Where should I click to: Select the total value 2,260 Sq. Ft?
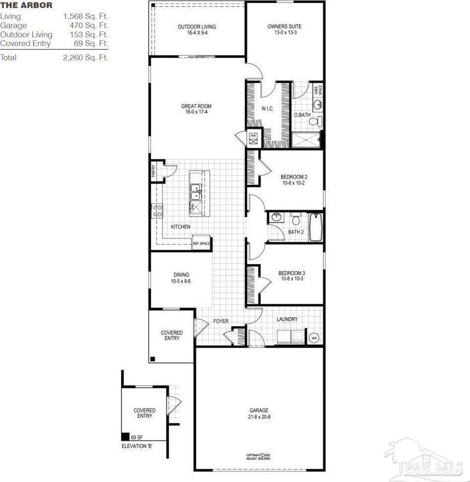(85, 58)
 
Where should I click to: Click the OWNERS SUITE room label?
(284, 26)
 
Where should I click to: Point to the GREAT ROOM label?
(196, 106)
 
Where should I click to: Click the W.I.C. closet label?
(267, 108)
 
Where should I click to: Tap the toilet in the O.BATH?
(313, 121)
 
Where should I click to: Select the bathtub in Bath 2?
(316, 227)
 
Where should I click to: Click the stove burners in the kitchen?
(157, 211)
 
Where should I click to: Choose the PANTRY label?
(154, 171)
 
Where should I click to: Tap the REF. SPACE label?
(201, 244)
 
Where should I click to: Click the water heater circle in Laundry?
(314, 338)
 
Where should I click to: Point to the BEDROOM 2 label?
(294, 177)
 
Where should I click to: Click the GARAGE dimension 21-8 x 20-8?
(259, 417)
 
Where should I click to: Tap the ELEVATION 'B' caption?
(137, 446)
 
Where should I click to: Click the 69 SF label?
(137, 437)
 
